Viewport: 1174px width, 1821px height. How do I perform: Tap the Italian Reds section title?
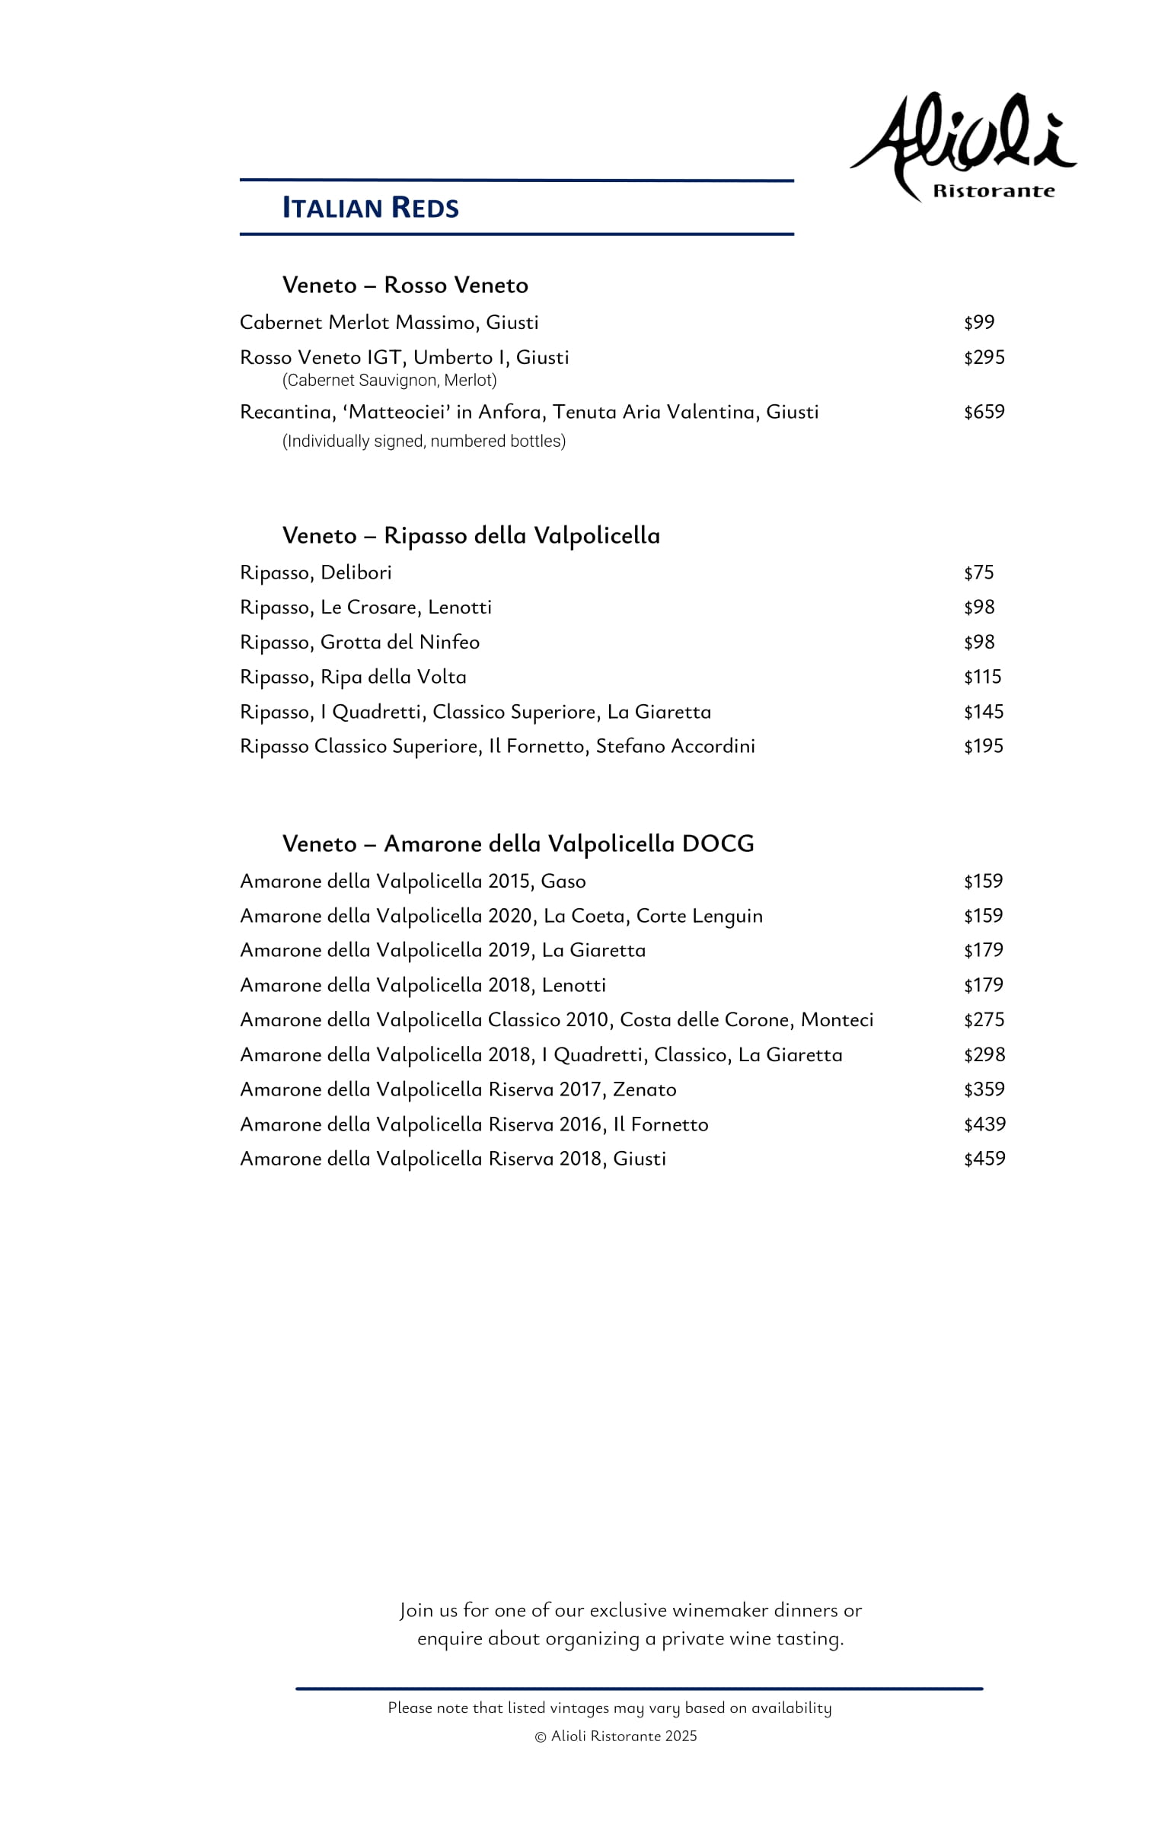371,207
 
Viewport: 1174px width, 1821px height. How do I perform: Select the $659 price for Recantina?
984,412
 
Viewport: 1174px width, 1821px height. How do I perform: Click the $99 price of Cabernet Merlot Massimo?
979,322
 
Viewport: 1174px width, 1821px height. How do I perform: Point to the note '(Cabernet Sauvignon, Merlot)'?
389,380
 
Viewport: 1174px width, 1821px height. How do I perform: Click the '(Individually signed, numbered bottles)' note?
424,441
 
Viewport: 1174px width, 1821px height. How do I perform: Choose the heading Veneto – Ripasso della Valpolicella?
471,535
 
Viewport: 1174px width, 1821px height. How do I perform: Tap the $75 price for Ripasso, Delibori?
979,572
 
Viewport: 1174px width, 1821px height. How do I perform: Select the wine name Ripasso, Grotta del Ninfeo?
360,642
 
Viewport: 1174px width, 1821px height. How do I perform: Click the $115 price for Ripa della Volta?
983,676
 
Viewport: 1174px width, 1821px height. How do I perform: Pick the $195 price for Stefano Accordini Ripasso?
984,745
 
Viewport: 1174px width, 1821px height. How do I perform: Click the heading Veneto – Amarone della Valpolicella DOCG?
518,843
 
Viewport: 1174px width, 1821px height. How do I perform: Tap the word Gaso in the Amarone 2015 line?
563,881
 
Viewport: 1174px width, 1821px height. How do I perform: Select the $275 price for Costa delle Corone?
984,1019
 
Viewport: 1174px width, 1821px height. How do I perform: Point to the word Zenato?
645,1089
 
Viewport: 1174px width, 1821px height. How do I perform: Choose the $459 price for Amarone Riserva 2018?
984,1158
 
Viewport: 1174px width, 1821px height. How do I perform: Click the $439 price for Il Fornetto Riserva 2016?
984,1124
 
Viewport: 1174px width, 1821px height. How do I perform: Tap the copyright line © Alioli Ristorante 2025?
616,1736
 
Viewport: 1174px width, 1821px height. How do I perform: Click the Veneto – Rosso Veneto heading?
406,285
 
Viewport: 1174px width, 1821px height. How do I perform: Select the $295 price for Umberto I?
984,357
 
